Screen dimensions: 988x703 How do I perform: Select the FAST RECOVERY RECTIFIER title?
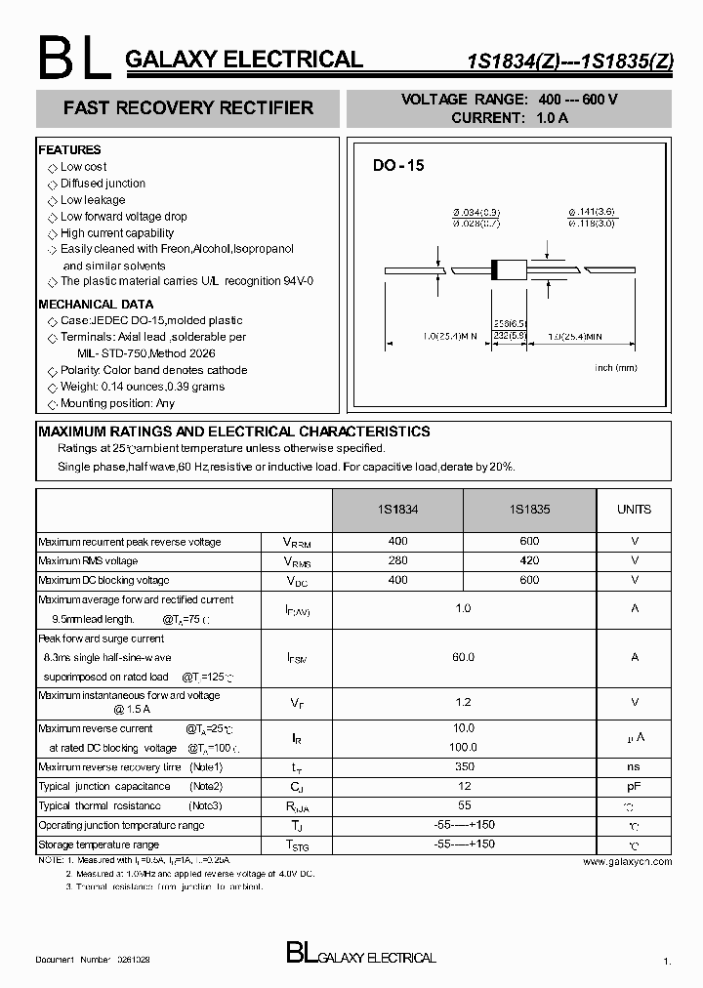tap(188, 108)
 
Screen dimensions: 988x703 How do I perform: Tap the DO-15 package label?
tap(398, 166)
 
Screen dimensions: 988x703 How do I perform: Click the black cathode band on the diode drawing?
tap(493, 268)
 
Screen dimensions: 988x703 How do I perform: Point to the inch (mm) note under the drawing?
tap(615, 367)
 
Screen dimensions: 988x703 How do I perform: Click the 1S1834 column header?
tap(397, 510)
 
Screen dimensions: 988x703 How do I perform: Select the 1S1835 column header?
tap(529, 510)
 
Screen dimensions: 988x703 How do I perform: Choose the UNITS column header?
tap(634, 510)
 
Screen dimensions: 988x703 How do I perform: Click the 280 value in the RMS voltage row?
tap(397, 560)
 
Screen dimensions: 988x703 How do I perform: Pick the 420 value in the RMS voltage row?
tap(529, 560)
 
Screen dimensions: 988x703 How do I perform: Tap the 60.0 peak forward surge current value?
tap(463, 657)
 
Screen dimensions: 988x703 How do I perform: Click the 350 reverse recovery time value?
tap(464, 766)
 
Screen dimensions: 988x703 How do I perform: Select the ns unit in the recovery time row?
tap(634, 766)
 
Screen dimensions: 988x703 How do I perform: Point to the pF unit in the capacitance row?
tap(634, 786)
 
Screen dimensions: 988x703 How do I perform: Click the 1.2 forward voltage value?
tap(464, 702)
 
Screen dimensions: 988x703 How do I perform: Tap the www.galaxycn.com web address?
tap(627, 861)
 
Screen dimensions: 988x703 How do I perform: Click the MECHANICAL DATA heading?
tap(96, 305)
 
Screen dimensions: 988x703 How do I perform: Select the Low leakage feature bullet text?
tap(93, 200)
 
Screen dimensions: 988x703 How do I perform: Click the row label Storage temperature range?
tap(98, 844)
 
